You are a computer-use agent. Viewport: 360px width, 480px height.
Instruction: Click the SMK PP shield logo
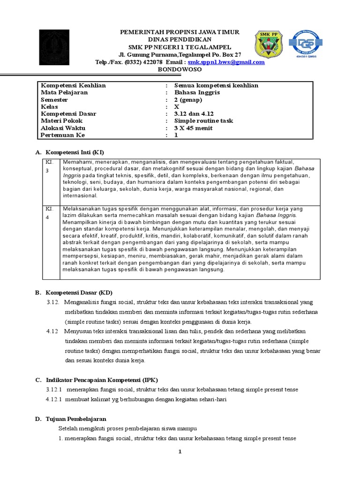268,45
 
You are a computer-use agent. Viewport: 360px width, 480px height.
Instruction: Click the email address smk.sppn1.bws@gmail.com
226,62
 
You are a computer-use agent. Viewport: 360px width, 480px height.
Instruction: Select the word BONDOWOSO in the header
180,69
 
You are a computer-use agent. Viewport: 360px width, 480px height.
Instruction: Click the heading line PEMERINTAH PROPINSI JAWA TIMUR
180,32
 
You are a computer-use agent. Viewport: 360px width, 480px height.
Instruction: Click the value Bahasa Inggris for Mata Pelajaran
197,92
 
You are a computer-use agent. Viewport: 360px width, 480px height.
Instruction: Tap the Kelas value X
177,107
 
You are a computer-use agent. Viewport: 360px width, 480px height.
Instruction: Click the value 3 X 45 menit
193,128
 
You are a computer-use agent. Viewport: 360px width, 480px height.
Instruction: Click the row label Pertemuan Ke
63,135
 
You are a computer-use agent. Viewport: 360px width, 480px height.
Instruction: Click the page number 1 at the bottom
180,452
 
